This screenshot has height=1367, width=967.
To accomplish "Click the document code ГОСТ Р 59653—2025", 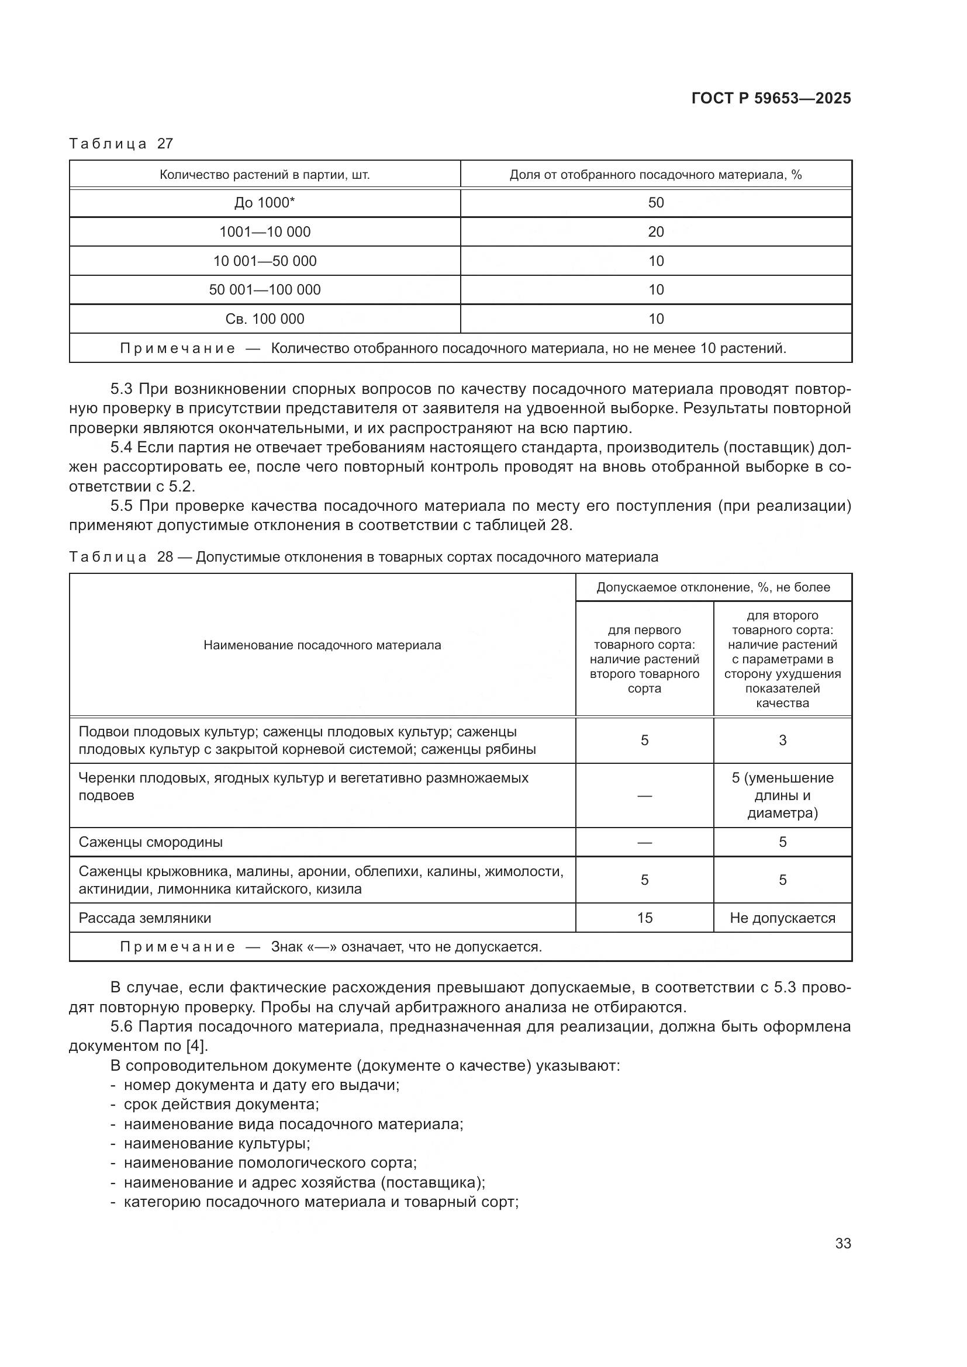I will pyautogui.click(x=771, y=98).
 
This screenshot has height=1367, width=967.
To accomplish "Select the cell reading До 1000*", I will pyautogui.click(x=264, y=203).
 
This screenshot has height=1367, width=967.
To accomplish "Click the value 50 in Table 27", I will pyautogui.click(x=655, y=203).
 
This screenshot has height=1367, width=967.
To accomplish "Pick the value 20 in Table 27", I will pyautogui.click(x=655, y=232).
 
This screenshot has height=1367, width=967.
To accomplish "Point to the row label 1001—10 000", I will pyautogui.click(x=264, y=232).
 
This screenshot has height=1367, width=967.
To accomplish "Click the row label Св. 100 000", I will pyautogui.click(x=264, y=319).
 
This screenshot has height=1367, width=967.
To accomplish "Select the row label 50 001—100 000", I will pyautogui.click(x=264, y=290).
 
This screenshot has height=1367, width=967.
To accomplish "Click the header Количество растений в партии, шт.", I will pyautogui.click(x=264, y=175).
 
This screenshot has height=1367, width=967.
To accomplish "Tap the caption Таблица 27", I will pyautogui.click(x=121, y=144).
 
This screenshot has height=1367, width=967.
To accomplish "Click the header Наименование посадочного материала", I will pyautogui.click(x=322, y=645).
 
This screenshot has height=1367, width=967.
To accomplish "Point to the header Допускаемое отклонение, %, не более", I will pyautogui.click(x=713, y=587).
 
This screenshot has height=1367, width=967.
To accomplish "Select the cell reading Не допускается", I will pyautogui.click(x=782, y=918).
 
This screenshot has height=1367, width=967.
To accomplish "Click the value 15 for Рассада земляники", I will pyautogui.click(x=644, y=918).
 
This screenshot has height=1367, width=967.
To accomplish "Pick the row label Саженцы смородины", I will pyautogui.click(x=151, y=843).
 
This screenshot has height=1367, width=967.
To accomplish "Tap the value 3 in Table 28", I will pyautogui.click(x=782, y=740).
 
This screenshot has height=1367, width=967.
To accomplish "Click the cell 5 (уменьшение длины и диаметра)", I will pyautogui.click(x=782, y=795).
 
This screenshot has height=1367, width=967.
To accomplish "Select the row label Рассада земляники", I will pyautogui.click(x=144, y=918).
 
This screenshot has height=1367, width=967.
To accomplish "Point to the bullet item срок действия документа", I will pyautogui.click(x=221, y=1105).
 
